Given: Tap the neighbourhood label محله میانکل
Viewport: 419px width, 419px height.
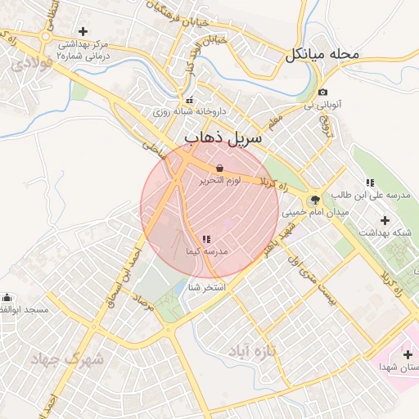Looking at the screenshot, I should [322, 56].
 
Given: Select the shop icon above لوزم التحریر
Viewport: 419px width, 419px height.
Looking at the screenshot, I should [219, 168].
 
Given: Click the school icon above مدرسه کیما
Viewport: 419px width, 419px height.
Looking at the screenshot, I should [205, 239].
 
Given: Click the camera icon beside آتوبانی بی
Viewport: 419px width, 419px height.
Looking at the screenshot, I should [324, 92].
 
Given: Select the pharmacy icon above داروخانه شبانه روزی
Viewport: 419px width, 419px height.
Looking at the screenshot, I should [190, 101].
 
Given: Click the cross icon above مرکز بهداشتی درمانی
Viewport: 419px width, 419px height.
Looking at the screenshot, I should [82, 31].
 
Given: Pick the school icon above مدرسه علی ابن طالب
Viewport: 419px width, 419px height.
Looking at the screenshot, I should [370, 182].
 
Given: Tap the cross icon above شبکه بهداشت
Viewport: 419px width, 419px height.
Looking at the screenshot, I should [385, 219].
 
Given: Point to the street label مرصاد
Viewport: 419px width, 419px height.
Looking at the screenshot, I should [146, 305].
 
